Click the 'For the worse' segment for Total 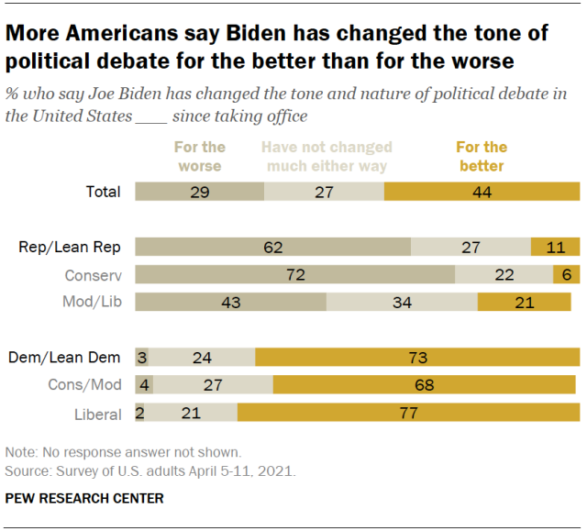coord(199,192)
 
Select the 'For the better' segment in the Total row coord(482,192)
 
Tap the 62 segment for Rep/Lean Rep coord(272,247)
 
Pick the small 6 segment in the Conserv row coord(566,275)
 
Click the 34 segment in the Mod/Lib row coord(402,303)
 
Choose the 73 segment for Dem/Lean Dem coord(417,358)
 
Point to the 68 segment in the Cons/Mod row coord(424,386)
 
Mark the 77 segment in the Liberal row coord(408,414)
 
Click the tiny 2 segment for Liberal coord(139,414)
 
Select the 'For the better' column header coord(481,156)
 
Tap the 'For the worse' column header coord(199,156)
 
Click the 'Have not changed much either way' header coord(327,156)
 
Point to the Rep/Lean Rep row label coord(70,247)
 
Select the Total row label coord(101,192)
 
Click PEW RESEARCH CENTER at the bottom coord(84,498)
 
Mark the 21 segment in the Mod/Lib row coord(524,303)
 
